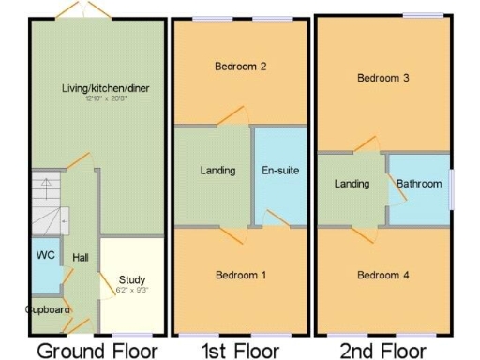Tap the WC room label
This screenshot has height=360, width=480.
click(44, 254)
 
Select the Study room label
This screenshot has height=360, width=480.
click(132, 279)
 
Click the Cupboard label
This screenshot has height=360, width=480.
click(48, 308)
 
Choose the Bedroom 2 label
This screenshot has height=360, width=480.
click(241, 67)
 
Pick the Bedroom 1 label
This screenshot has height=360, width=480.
click(241, 276)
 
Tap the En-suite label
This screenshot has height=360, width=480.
click(280, 171)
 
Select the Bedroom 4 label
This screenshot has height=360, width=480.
click(382, 275)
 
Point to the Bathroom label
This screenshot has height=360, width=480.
click(418, 184)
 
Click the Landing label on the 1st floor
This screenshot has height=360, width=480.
click(217, 171)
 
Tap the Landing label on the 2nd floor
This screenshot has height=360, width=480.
click(352, 184)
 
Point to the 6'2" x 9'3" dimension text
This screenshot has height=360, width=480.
click(132, 290)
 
